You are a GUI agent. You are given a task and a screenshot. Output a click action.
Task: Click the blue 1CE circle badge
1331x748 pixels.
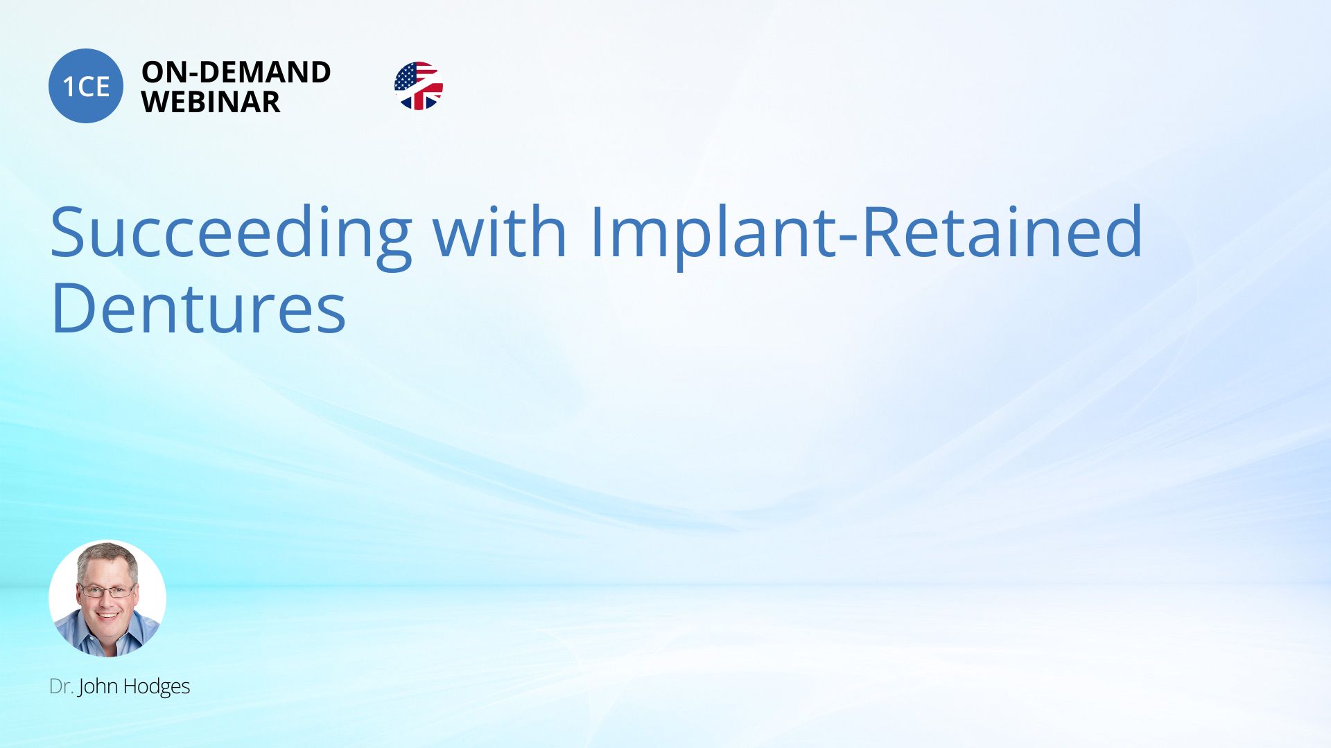click(86, 86)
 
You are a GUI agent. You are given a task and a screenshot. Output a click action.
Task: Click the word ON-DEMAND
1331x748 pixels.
click(236, 72)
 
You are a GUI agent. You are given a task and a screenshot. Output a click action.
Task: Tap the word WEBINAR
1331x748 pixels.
click(211, 102)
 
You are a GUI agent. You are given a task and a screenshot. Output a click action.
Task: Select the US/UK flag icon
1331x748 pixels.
click(419, 86)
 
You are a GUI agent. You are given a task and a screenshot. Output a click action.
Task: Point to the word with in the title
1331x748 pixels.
click(500, 231)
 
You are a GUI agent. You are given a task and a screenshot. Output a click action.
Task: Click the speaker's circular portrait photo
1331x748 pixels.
click(107, 598)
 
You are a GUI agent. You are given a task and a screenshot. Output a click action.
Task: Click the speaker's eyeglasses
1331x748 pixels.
click(107, 591)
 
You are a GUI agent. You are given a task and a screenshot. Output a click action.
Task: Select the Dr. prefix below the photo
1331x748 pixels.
click(61, 686)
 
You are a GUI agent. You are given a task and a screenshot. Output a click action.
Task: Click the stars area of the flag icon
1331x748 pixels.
click(406, 77)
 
